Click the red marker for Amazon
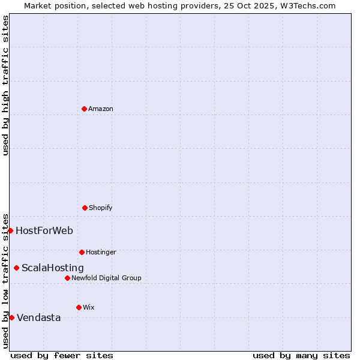pos(84,109)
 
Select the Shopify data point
pos(85,208)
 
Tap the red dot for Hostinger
pos(82,252)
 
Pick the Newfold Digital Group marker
pos(67,278)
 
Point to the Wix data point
pos(79,307)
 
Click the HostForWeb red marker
pos(10,230)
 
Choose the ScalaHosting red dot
pos(16,268)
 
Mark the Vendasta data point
pos(11,317)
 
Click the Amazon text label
pos(101,109)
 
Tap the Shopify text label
pos(101,208)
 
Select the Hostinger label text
pos(101,252)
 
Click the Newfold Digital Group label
pos(106,278)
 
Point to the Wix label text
pos(89,307)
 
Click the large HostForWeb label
pos(44,230)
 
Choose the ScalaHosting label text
pos(53,268)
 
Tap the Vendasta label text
pos(39,317)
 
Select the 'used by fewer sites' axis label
pos(62,355)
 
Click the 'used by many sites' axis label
pos(301,355)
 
